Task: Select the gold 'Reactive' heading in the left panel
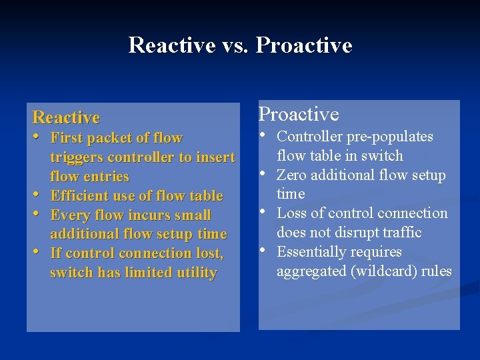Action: pyautogui.click(x=66, y=118)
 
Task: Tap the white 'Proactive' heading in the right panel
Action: pyautogui.click(x=299, y=115)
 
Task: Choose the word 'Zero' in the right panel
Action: pyautogui.click(x=291, y=175)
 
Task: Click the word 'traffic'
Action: pyautogui.click(x=402, y=233)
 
